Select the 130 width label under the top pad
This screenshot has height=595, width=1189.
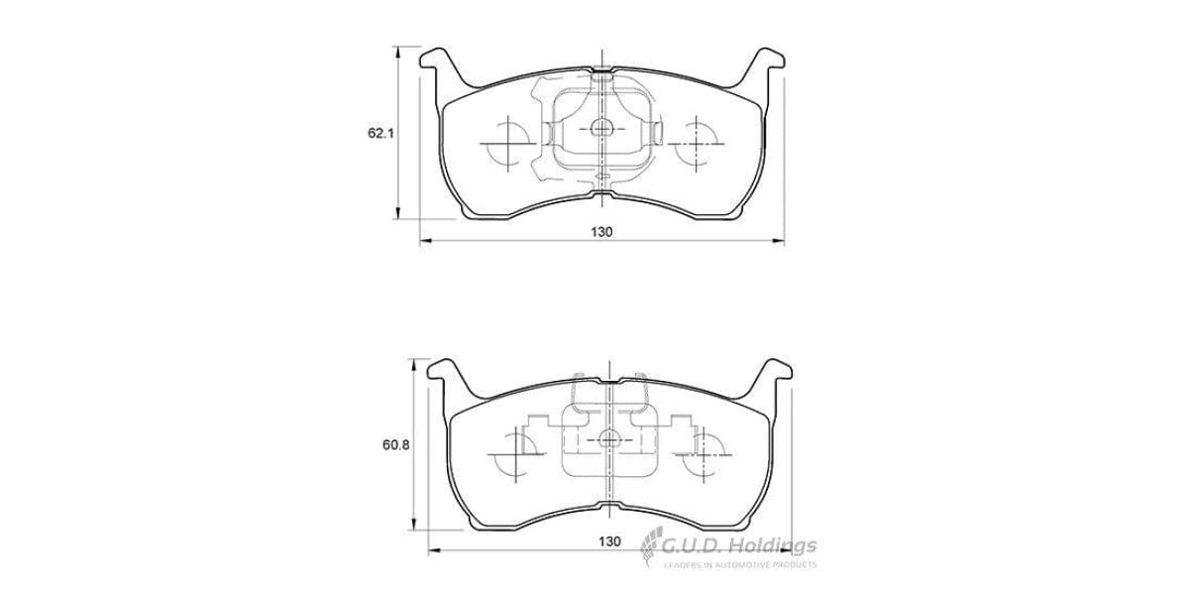coord(601,231)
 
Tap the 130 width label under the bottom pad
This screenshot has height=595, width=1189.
coord(609,541)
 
